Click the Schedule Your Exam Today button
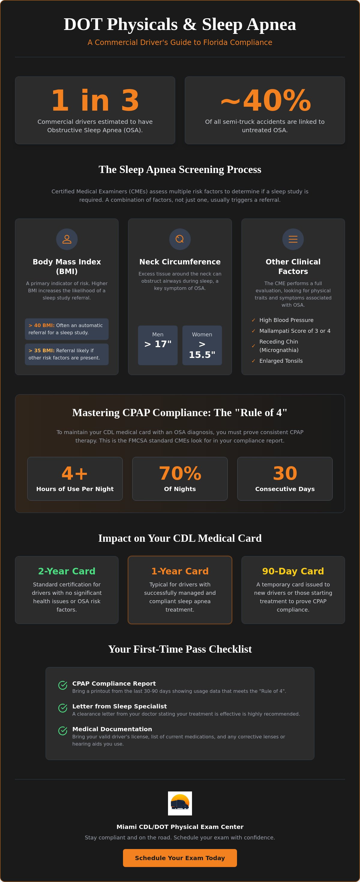[180, 858]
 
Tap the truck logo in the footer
[180, 803]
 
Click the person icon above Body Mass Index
[67, 239]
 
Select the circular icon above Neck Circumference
[180, 239]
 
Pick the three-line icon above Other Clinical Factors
[293, 239]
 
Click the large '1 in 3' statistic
[95, 100]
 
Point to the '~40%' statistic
[265, 100]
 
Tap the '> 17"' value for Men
[158, 344]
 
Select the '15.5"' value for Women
[202, 355]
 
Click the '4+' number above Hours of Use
[75, 473]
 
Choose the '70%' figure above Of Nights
[180, 473]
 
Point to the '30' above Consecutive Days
[285, 473]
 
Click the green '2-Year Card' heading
[67, 571]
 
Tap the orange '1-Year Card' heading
[180, 571]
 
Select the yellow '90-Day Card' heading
[293, 571]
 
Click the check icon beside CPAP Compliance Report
[63, 685]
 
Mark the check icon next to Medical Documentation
[63, 731]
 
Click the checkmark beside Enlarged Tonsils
[253, 361]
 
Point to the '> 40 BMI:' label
[41, 325]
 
